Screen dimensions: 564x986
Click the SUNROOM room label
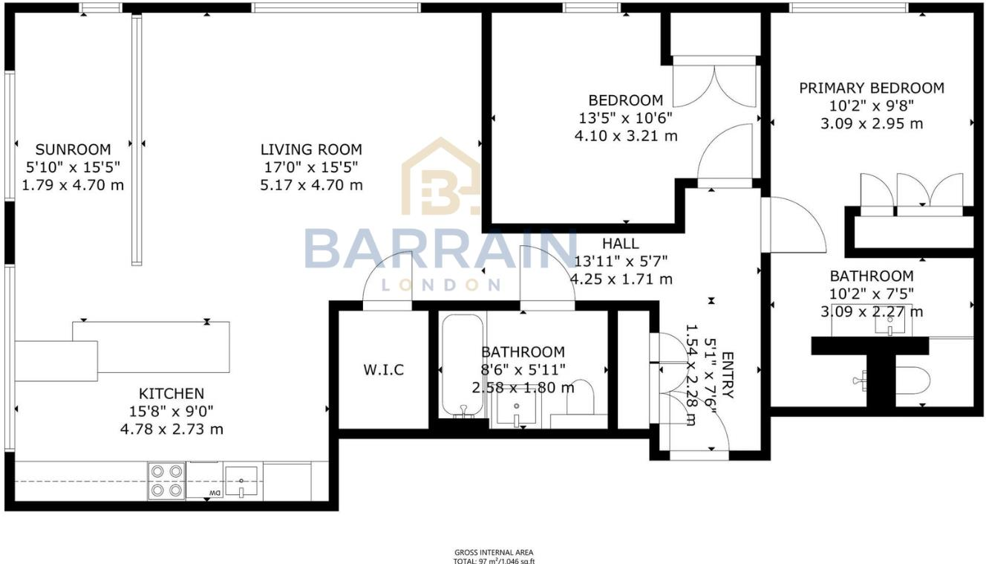click(x=73, y=149)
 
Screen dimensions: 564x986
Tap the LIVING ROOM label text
click(x=311, y=149)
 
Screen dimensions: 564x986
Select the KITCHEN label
click(x=171, y=394)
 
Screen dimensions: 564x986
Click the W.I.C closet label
click(x=384, y=369)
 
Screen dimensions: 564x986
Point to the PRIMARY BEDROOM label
click(x=872, y=88)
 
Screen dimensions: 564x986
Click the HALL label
click(x=620, y=243)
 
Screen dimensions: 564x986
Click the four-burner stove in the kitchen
click(x=166, y=481)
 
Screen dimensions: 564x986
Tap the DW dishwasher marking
click(x=215, y=493)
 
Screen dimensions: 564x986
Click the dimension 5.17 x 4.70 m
click(x=311, y=185)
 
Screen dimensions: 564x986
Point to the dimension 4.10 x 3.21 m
click(x=626, y=136)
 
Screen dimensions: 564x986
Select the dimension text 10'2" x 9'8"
click(x=872, y=106)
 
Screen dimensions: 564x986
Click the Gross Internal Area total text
click(x=494, y=557)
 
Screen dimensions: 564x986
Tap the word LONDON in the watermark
click(x=440, y=284)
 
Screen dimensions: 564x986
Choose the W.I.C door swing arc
click(x=387, y=279)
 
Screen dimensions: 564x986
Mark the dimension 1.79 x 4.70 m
click(x=73, y=185)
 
